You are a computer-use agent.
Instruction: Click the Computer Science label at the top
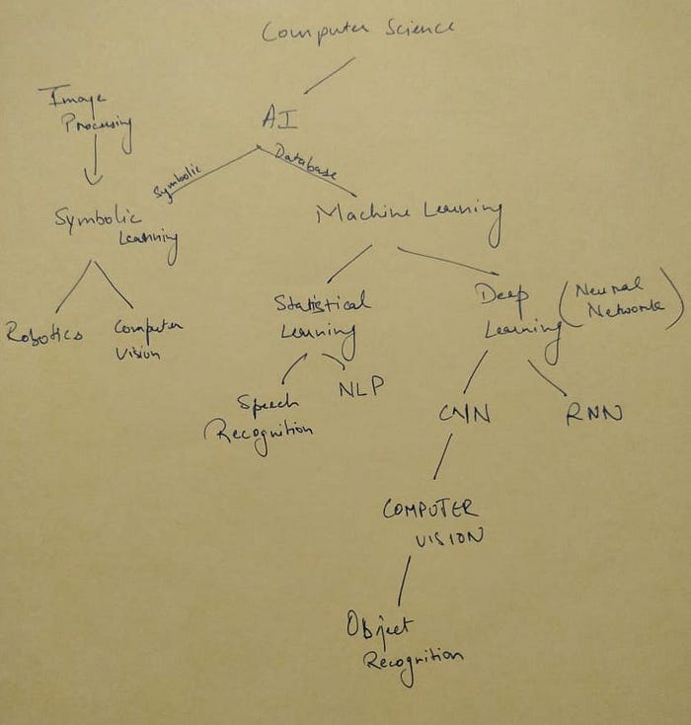pos(357,30)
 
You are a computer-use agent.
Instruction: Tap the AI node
pos(279,118)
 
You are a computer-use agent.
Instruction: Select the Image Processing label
pos(87,116)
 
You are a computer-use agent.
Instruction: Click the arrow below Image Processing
pos(93,162)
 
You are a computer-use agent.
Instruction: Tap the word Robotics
pos(44,334)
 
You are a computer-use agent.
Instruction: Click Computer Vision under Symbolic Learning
pos(147,337)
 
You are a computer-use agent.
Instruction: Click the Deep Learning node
pos(513,312)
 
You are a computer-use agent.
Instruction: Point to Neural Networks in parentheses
pos(620,298)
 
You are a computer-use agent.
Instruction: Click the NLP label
pos(360,387)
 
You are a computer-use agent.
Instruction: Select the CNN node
pos(465,413)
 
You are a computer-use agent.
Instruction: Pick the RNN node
pos(593,415)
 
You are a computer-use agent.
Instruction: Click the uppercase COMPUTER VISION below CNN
pos(432,522)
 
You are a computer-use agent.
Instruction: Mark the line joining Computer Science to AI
pos(329,75)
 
